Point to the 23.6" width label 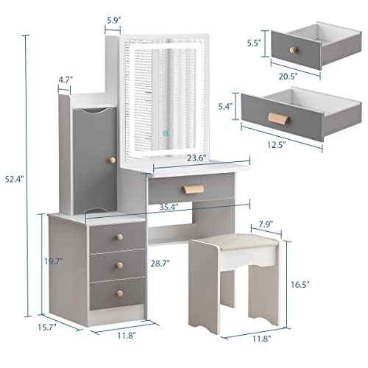pyautogui.click(x=175, y=156)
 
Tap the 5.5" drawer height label pyautogui.click(x=251, y=43)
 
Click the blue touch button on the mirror pyautogui.click(x=166, y=132)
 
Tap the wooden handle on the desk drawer pyautogui.click(x=188, y=188)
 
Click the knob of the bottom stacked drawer pyautogui.click(x=117, y=294)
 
